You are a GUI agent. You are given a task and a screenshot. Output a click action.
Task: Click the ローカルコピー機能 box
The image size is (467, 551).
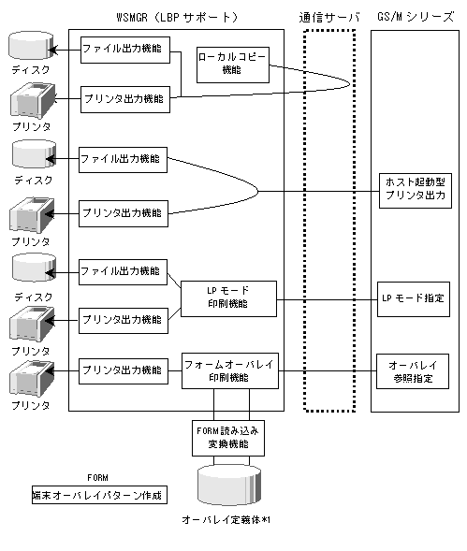[233, 65]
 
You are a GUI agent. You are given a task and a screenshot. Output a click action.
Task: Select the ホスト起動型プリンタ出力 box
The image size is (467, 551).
[416, 191]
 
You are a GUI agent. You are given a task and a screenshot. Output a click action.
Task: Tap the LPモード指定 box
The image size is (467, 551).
[414, 299]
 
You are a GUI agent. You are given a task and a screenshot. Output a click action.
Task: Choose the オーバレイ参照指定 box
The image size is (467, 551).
[413, 371]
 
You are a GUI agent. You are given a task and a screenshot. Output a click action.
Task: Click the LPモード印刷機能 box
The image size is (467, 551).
[228, 298]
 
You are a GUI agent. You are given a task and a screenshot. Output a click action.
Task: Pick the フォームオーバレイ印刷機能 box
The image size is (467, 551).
[230, 370]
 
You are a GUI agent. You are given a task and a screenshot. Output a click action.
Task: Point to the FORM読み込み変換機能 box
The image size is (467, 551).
[228, 438]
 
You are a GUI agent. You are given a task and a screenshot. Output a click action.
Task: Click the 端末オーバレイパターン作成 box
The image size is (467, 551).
[99, 495]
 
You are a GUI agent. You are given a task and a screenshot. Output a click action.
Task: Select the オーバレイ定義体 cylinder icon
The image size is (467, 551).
[229, 485]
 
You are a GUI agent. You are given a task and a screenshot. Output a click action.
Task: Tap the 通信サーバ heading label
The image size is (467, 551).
[329, 17]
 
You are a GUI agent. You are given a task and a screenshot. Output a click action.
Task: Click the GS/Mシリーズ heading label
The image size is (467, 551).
[416, 17]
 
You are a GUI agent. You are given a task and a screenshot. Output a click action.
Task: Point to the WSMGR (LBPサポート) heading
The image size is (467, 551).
[177, 17]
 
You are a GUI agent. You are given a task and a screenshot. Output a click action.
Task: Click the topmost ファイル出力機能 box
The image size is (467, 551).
[125, 50]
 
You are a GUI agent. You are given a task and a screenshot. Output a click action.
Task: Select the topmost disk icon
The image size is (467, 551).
[31, 46]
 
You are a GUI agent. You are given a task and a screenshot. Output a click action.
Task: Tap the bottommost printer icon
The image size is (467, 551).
[32, 379]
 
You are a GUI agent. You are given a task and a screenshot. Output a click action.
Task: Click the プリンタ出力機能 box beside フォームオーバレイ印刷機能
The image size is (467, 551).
[124, 370]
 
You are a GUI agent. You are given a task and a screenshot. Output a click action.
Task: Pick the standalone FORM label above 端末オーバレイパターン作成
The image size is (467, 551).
[97, 477]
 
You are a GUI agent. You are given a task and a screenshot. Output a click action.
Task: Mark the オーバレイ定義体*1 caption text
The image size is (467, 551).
[226, 519]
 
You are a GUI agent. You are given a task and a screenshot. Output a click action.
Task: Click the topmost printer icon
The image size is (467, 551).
[33, 100]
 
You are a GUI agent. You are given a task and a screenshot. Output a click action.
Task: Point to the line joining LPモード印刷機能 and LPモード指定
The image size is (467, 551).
[327, 299]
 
